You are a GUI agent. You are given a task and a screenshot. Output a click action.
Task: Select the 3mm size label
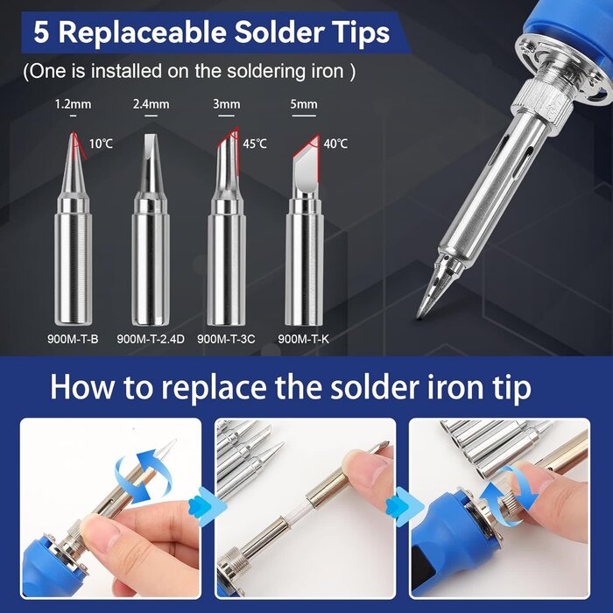226,104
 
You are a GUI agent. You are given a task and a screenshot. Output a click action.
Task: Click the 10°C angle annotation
101,143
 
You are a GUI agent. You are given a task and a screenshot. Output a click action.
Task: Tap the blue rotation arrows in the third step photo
513,486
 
